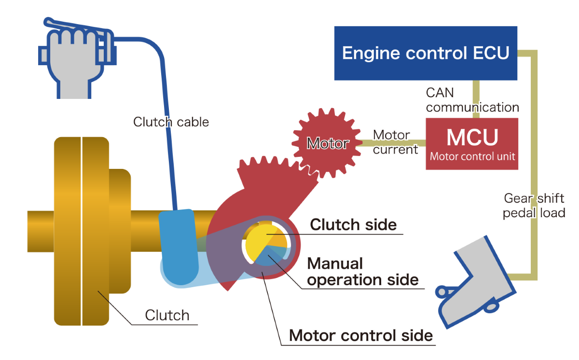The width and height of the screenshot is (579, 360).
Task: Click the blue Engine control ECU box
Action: click(426, 53)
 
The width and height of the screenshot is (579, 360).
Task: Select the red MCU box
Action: click(472, 143)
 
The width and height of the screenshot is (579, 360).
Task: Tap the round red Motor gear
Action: click(327, 143)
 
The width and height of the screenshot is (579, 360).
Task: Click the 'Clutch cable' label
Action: click(171, 122)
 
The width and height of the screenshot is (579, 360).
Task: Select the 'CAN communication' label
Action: click(472, 100)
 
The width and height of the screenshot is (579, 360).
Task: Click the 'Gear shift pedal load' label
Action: click(534, 206)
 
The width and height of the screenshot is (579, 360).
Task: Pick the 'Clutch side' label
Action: click(354, 224)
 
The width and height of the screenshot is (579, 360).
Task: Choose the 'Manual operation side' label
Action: click(362, 272)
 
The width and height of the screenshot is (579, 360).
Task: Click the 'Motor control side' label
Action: click(360, 335)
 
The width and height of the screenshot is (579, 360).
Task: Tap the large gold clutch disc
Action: click(81, 232)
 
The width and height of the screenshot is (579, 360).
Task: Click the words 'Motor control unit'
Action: click(472, 156)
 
